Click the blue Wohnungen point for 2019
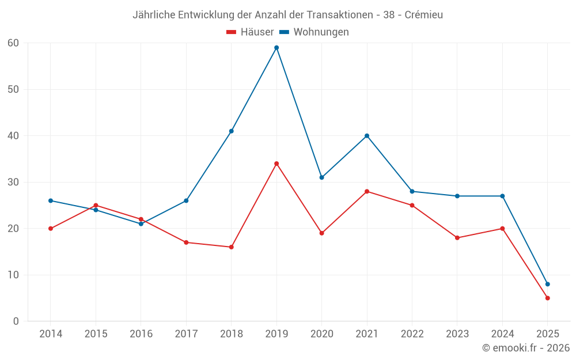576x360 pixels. (x=276, y=48)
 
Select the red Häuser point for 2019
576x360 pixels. (x=276, y=164)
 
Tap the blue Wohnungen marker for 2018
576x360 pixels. (x=231, y=131)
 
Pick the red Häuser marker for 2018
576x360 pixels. (x=231, y=247)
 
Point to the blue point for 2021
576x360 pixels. (x=367, y=136)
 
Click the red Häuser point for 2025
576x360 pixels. (x=547, y=298)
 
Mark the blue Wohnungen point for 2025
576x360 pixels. (x=547, y=284)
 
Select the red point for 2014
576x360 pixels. (x=51, y=229)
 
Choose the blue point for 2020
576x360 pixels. (x=321, y=177)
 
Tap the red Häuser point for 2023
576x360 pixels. (x=457, y=238)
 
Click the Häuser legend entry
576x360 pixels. (x=250, y=32)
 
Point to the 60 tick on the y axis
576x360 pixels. (x=13, y=43)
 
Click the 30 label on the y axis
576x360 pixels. (x=13, y=182)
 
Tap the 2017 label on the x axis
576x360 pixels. (x=186, y=334)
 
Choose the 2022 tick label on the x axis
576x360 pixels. (x=412, y=334)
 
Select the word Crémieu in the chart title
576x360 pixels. (x=423, y=15)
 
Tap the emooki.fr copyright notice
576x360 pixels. (x=525, y=348)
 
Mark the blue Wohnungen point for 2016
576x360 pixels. (x=141, y=224)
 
